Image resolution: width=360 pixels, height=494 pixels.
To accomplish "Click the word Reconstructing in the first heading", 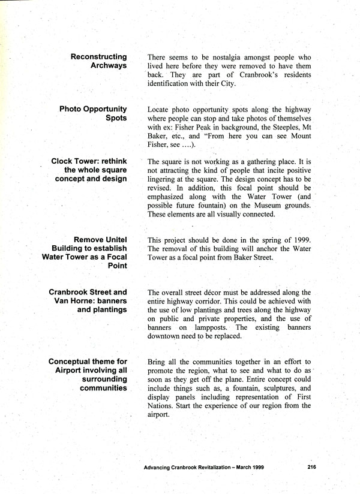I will coord(98,56).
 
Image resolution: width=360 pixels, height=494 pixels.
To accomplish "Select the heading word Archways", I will coord(108,66).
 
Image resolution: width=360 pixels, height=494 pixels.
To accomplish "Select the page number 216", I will coord(311,466).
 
